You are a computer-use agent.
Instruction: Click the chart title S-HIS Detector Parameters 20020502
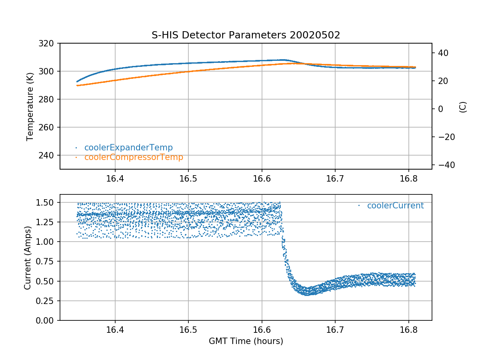pyautogui.click(x=246, y=35)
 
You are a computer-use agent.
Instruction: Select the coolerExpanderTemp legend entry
pyautogui.click(x=128, y=148)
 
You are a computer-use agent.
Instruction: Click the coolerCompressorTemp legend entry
pyautogui.click(x=133, y=157)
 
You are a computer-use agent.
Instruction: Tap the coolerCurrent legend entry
pyautogui.click(x=395, y=206)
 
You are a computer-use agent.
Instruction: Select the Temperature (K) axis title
pyautogui.click(x=30, y=106)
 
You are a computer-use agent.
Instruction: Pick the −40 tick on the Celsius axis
pyautogui.click(x=442, y=165)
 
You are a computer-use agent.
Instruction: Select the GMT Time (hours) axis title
pyautogui.click(x=246, y=341)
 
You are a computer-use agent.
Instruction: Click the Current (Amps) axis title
pyautogui.click(x=28, y=257)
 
